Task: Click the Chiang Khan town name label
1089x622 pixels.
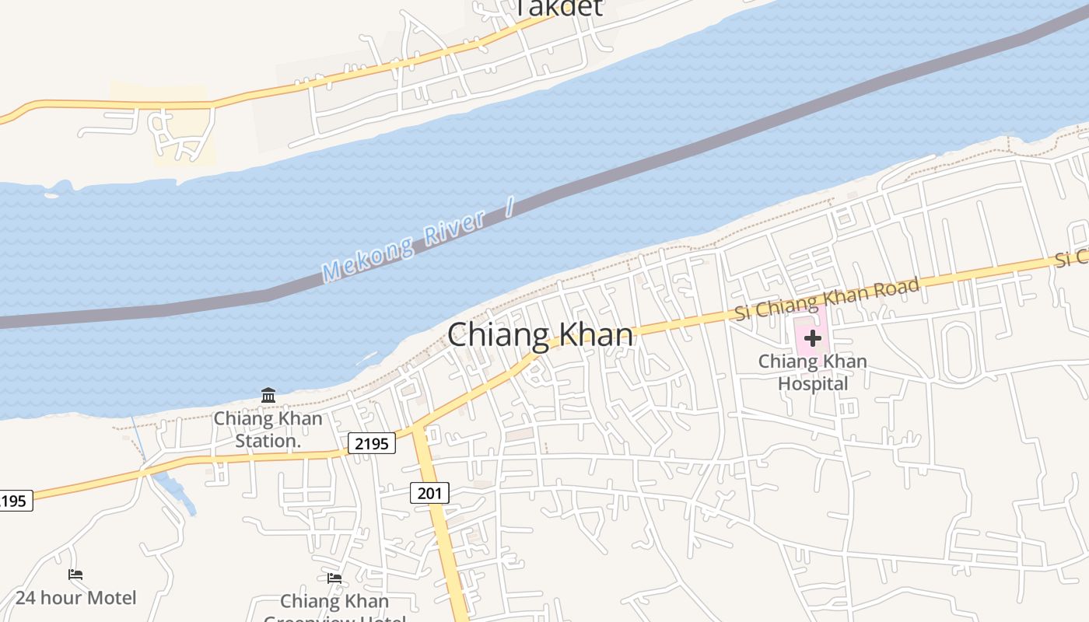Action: [x=540, y=335]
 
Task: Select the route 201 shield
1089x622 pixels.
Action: [x=429, y=492]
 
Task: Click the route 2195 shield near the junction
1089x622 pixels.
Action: [x=372, y=443]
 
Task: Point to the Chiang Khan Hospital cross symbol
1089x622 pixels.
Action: [x=812, y=338]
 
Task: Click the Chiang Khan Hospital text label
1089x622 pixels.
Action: [x=812, y=372]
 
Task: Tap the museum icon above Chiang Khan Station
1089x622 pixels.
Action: [x=268, y=395]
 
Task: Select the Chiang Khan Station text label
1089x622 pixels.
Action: [x=268, y=429]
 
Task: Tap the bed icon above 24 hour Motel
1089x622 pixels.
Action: [x=75, y=575]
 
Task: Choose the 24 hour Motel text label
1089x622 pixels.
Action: [x=75, y=598]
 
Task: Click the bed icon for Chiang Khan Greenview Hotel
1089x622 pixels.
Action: [x=334, y=578]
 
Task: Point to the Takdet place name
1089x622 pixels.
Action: [x=559, y=8]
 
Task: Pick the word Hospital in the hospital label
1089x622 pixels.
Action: [x=813, y=383]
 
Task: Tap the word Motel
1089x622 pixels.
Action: [x=110, y=598]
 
